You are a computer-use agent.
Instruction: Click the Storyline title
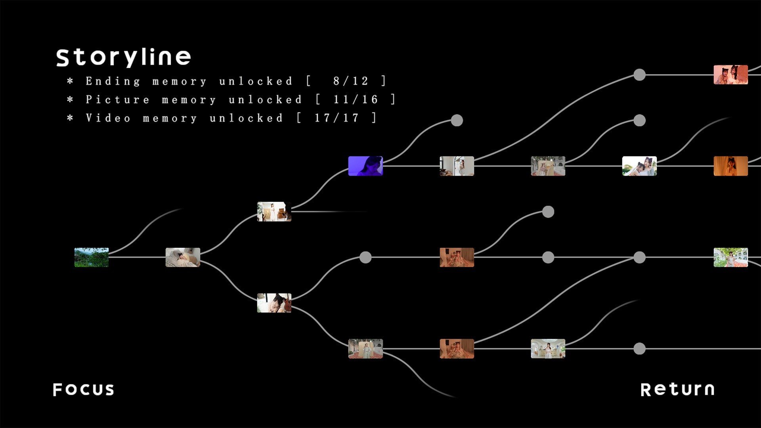point(123,57)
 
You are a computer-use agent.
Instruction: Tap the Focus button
point(84,390)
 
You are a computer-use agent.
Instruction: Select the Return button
point(677,390)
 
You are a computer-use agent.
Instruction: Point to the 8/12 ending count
point(351,81)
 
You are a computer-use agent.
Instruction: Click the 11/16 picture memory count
point(356,99)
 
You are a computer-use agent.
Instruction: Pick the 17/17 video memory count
point(337,118)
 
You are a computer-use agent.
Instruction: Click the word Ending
point(113,81)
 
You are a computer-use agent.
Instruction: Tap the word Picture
point(118,99)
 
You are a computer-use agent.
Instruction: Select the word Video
point(108,118)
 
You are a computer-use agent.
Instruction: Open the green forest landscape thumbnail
point(92,257)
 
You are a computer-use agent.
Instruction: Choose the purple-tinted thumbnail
point(365,166)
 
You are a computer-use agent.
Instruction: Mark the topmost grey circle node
point(639,75)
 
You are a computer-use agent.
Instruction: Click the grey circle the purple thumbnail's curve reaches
point(457,120)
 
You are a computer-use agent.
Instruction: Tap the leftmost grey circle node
point(365,257)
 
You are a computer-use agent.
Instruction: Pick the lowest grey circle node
point(639,349)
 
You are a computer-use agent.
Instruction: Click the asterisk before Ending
point(70,81)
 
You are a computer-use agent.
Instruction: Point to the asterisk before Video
point(70,118)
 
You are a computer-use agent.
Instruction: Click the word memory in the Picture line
point(189,99)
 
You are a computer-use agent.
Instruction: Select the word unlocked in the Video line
point(246,118)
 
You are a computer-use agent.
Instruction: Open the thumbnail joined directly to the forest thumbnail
point(183,257)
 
